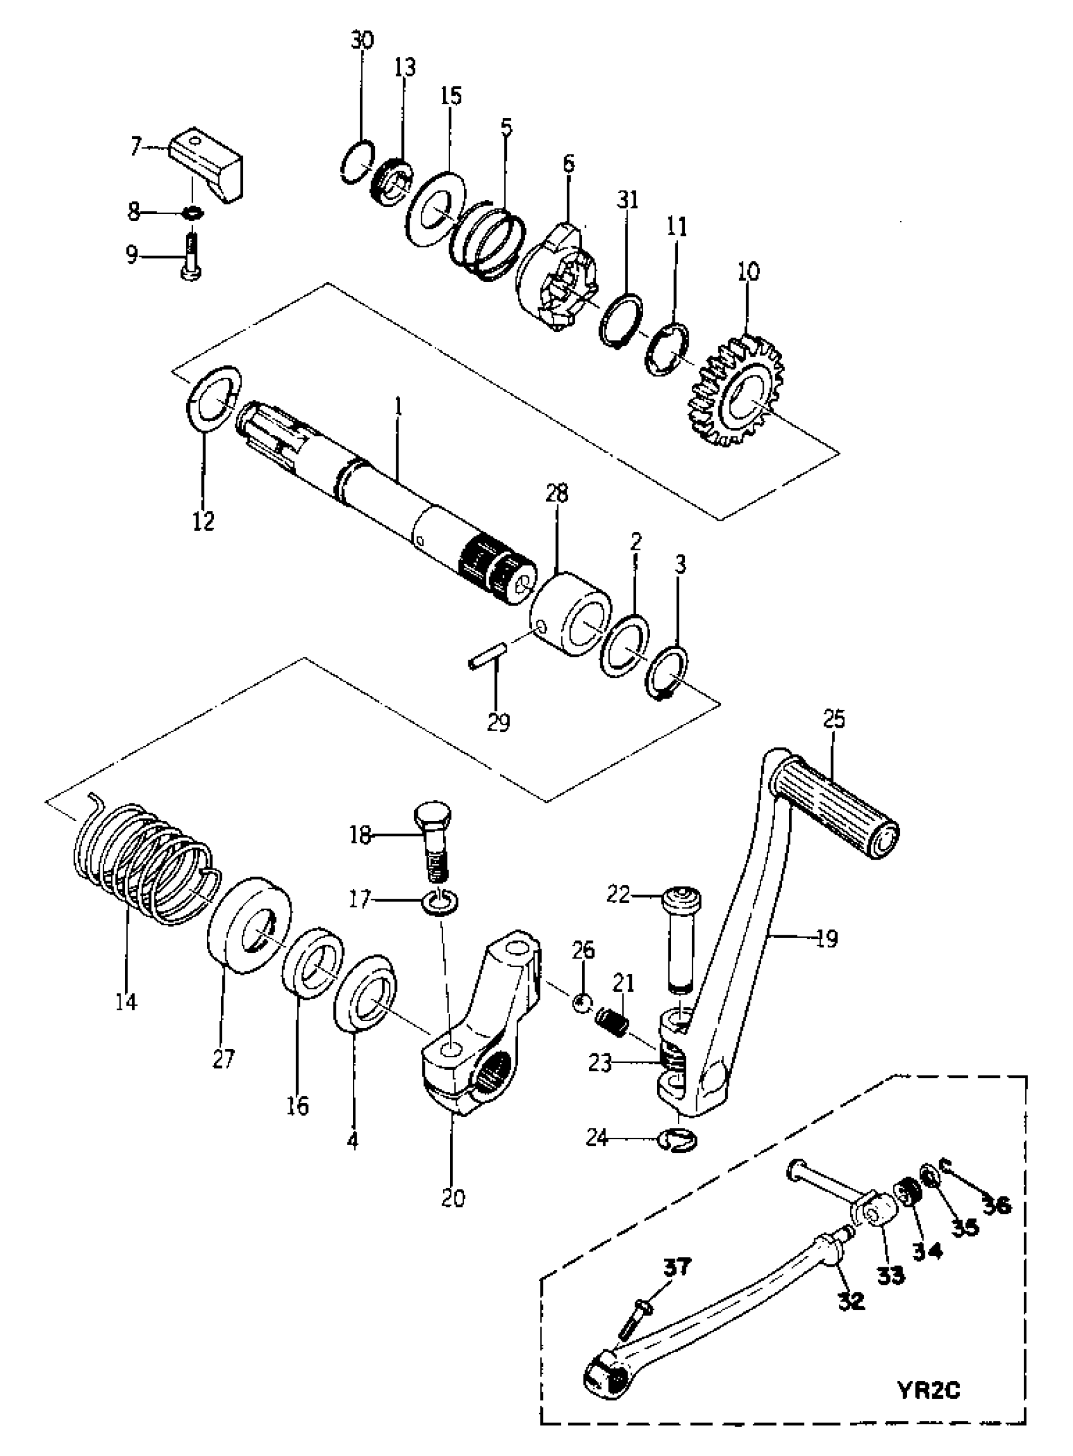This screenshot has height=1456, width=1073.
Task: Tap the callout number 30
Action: [x=362, y=40]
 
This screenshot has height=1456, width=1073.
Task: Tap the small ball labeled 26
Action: [x=582, y=1002]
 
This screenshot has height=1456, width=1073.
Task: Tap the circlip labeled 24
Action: [x=677, y=1140]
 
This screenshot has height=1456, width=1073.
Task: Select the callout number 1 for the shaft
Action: [x=398, y=407]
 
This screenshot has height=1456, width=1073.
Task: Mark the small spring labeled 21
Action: [x=612, y=1024]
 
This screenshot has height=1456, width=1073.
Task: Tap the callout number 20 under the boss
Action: [x=453, y=1197]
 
